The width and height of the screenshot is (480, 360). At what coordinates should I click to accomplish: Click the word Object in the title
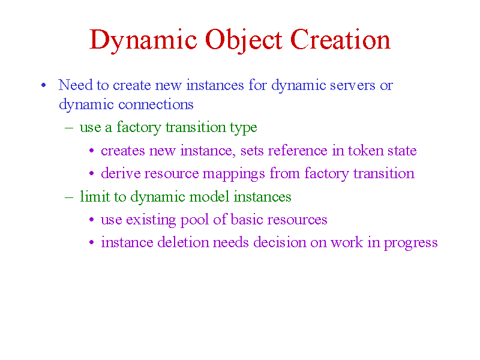(244, 40)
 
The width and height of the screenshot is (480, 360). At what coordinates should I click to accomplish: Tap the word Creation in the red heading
(340, 39)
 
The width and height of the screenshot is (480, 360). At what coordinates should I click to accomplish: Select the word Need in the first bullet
(76, 85)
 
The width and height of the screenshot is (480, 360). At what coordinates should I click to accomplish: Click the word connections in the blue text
(156, 105)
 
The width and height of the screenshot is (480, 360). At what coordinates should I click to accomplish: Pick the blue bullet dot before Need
(43, 85)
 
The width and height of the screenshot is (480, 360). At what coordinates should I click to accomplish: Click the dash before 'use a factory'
(69, 127)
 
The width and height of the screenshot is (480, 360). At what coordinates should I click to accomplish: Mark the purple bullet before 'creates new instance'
(91, 151)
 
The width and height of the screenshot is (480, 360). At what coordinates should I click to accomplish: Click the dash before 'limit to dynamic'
(69, 197)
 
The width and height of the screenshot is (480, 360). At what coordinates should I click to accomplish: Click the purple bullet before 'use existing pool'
(91, 220)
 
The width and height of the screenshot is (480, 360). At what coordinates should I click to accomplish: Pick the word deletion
(183, 242)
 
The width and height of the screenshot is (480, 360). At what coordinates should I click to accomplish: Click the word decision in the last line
(280, 242)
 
